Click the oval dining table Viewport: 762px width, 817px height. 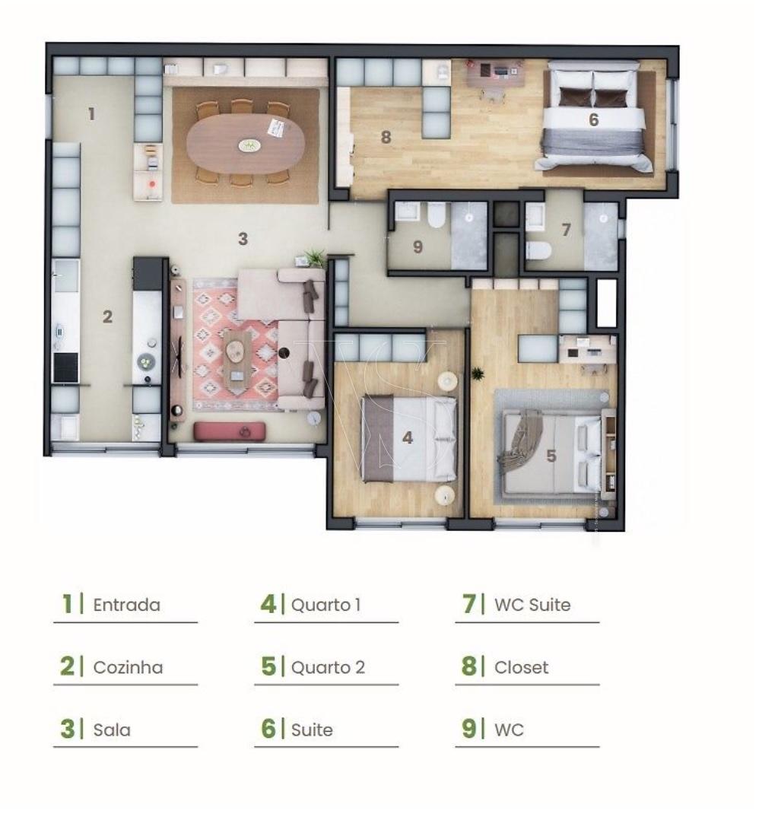point(246,144)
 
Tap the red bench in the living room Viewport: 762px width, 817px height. point(230,431)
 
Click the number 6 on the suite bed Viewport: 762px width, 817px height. point(593,120)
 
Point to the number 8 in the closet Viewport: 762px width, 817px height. point(386,137)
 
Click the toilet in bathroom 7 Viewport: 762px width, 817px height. point(538,250)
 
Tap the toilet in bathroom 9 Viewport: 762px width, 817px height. point(437,215)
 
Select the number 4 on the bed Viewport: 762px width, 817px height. point(408,437)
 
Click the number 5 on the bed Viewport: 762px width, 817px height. point(551,456)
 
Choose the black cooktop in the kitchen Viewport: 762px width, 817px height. point(65,367)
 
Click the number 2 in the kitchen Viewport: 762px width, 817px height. point(107,316)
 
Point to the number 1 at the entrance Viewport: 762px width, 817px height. point(92,113)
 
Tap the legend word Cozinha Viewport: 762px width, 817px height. point(128,667)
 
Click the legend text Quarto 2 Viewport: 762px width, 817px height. point(328,667)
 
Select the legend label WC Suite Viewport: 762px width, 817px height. point(532,605)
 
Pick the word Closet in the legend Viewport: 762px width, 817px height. point(522,667)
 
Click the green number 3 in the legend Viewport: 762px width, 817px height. point(67,729)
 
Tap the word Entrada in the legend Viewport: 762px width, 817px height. point(126,605)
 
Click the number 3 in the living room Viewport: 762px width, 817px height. point(243,239)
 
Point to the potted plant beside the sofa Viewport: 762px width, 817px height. point(314,257)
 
